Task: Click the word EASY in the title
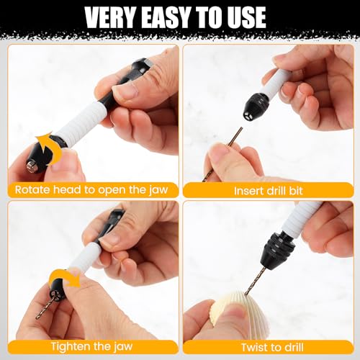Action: (x=165, y=17)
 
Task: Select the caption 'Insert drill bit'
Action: (x=268, y=191)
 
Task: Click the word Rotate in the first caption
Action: (x=32, y=189)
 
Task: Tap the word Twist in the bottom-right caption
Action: (x=256, y=347)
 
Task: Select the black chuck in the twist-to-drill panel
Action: (x=278, y=251)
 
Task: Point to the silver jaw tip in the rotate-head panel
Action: (x=31, y=166)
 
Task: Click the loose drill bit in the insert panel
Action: (x=222, y=155)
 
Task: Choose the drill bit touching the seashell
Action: (x=255, y=282)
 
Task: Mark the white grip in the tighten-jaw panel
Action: (x=84, y=257)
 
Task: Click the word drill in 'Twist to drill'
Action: (x=293, y=347)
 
